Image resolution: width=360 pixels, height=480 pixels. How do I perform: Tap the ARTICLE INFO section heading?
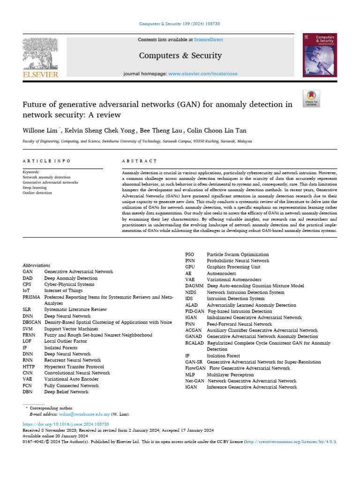pos(46,161)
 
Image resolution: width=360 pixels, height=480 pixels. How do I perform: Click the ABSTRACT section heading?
pos(139,161)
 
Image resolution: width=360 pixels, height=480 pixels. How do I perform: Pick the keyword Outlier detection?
pos(37,193)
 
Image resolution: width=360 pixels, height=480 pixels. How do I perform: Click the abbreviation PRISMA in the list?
pos(31,297)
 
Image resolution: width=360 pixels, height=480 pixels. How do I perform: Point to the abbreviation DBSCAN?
pos(32,322)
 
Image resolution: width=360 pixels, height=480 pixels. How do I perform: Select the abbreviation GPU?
pos(190,267)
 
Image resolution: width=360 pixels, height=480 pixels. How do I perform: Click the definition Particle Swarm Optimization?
pos(238,255)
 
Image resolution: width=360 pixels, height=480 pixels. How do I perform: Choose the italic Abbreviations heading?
pos(36,265)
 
